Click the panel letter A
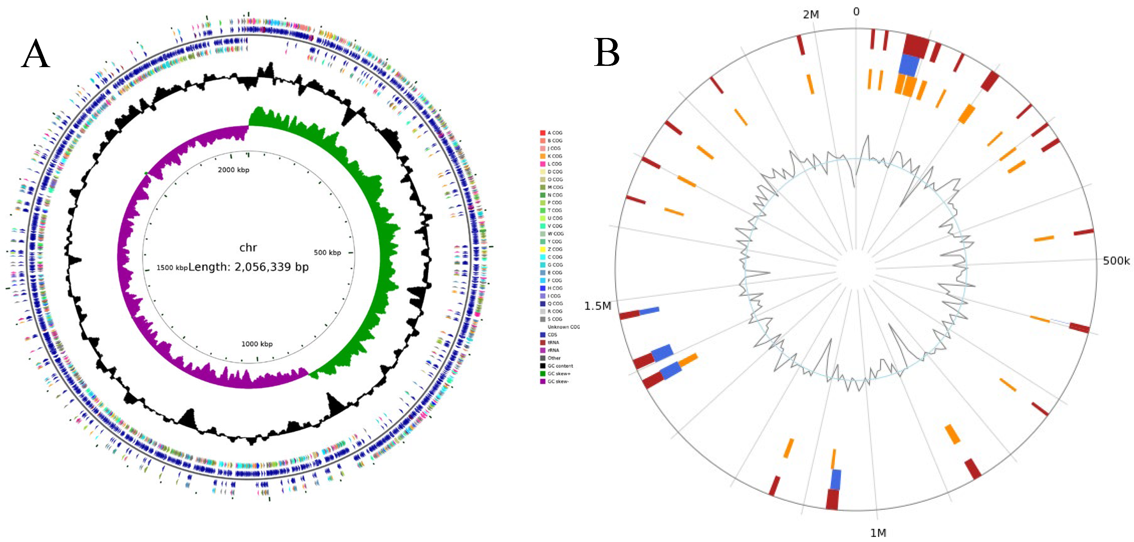coord(35,53)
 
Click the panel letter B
coord(607,52)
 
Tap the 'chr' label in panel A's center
coord(248,247)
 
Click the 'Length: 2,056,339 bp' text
coord(248,267)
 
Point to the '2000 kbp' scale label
coord(233,170)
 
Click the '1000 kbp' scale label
coord(257,344)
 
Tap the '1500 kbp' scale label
coord(172,268)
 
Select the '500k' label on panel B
coord(1116,261)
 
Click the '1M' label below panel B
coord(878,533)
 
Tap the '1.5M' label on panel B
coord(597,306)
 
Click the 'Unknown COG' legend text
coord(563,327)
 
